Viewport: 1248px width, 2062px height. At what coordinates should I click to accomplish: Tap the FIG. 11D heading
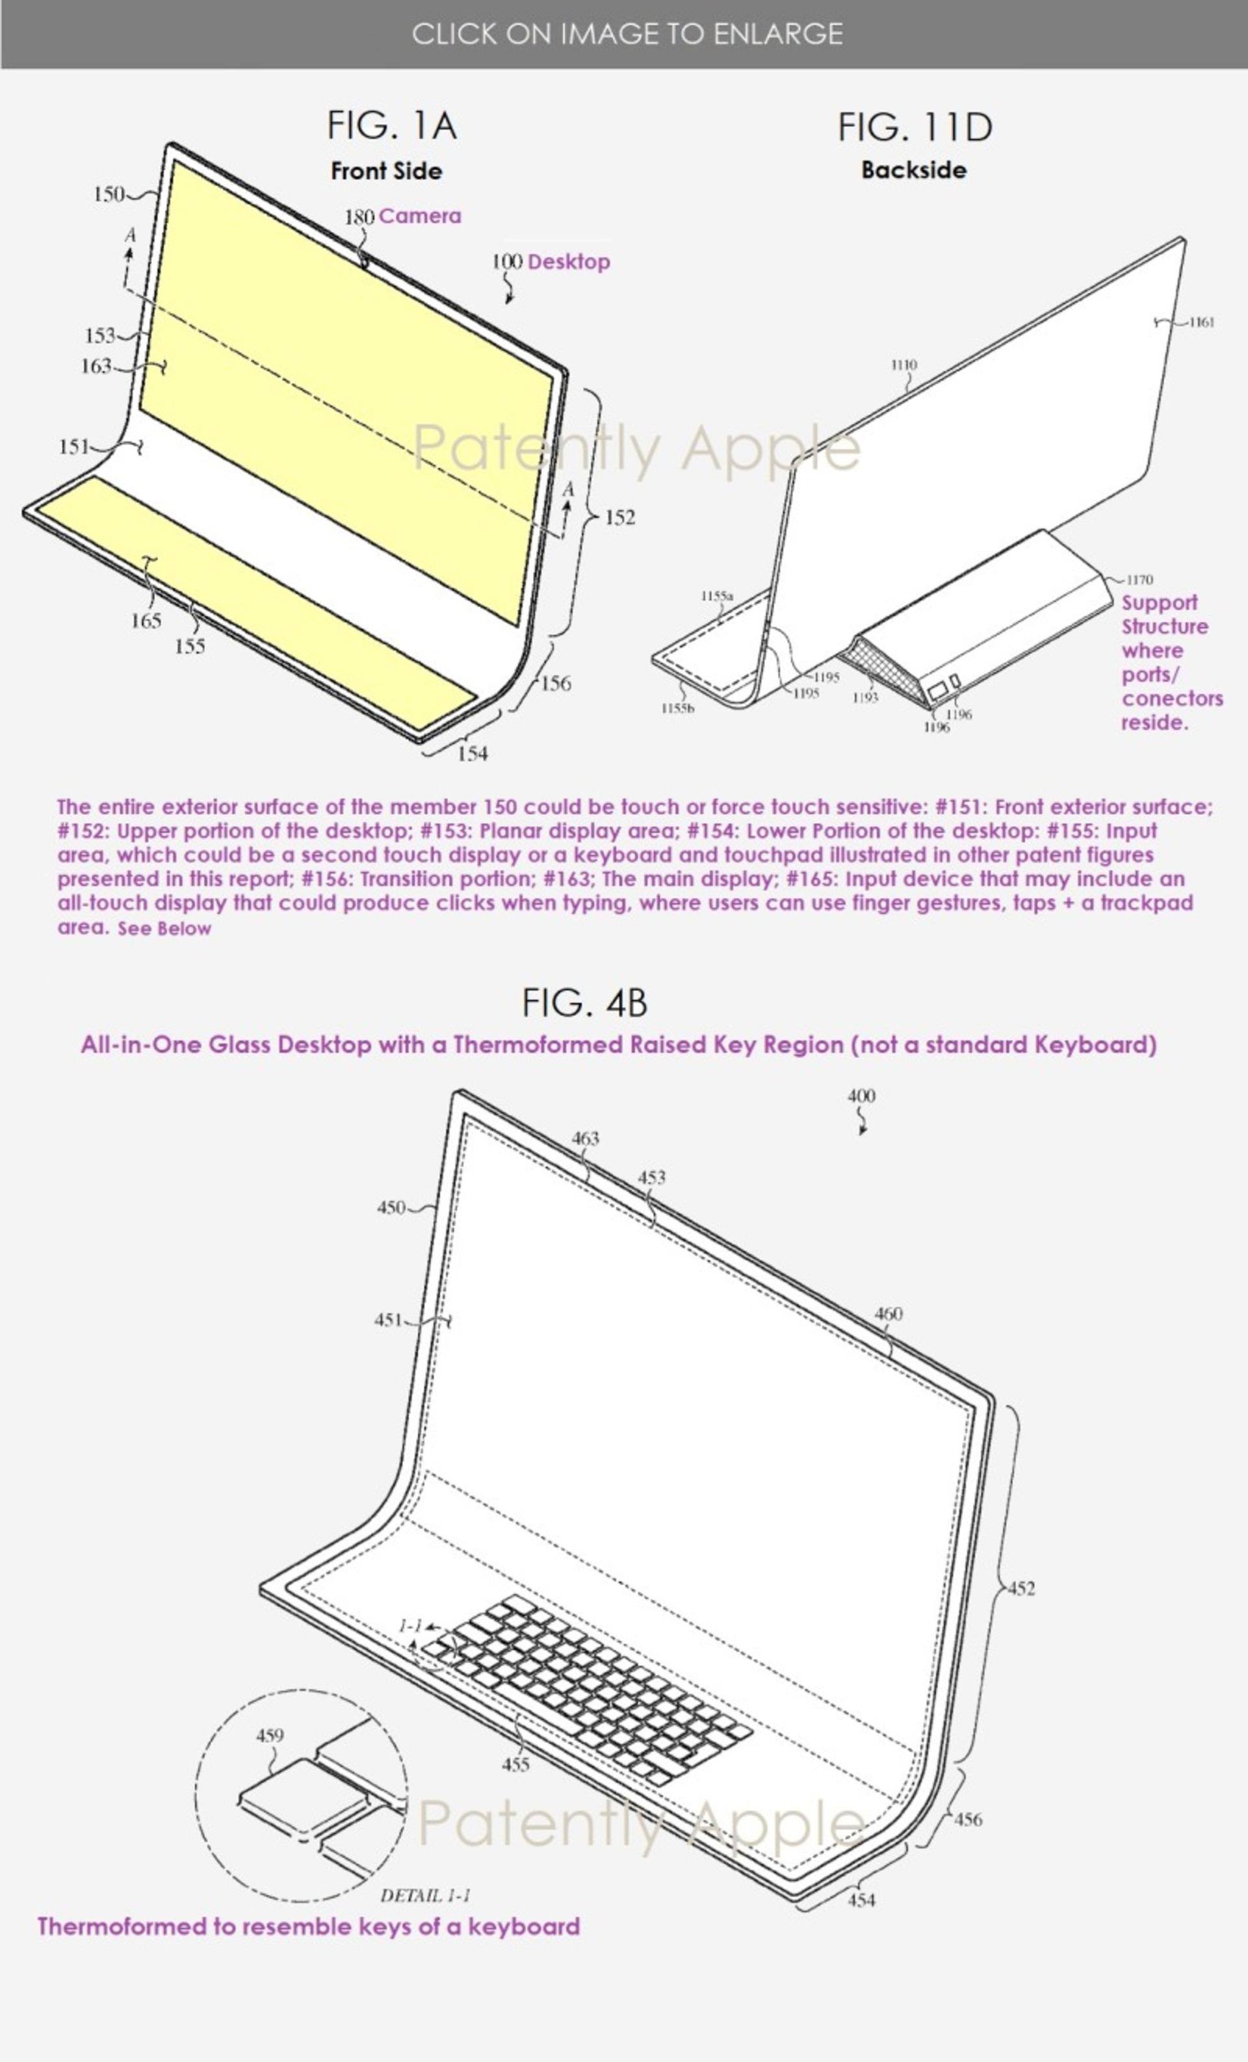pos(915,127)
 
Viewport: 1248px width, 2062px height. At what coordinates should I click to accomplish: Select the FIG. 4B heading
pos(585,1003)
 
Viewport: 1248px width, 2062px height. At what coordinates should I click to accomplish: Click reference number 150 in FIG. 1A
pos(108,194)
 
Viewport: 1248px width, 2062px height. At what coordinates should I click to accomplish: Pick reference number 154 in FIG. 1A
pos(472,753)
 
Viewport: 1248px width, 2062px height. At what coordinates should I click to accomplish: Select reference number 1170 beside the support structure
pos(1139,579)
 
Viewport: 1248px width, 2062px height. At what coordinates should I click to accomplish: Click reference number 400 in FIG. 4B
pos(861,1096)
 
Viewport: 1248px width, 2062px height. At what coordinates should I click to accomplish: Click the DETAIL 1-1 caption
pos(425,1896)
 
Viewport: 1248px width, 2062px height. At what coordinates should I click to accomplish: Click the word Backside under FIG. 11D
pos(914,170)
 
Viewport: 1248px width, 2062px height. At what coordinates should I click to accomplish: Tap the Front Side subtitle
pos(387,171)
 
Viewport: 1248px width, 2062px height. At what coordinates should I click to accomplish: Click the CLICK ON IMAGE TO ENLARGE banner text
pos(627,34)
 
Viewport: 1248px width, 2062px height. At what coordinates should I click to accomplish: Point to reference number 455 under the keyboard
pos(515,1764)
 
